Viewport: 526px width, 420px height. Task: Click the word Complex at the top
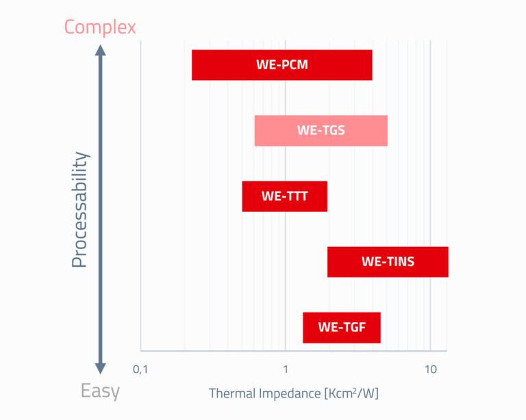(100, 27)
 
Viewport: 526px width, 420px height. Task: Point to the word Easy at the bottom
(100, 392)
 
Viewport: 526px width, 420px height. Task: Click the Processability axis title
(80, 209)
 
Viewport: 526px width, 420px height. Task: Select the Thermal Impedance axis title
(294, 393)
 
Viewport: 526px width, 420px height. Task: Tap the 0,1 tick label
(140, 369)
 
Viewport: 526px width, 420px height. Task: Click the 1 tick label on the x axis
(285, 369)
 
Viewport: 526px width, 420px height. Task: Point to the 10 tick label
(430, 369)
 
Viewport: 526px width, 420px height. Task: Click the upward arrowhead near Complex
(100, 51)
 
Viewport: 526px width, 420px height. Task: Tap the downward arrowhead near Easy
(100, 368)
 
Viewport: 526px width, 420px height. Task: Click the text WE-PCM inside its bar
(282, 66)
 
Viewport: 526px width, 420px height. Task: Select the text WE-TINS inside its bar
(388, 262)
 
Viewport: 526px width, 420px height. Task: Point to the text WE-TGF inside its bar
(342, 328)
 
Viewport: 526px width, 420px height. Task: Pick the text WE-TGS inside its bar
(321, 131)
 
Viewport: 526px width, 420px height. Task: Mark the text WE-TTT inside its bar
(285, 196)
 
